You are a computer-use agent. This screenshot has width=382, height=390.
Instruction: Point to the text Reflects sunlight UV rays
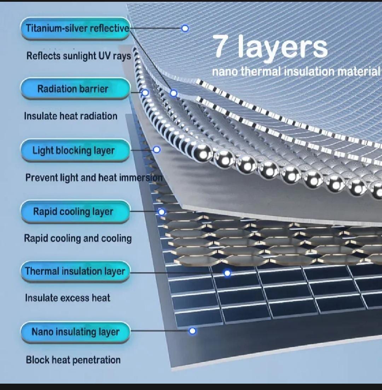point(79,56)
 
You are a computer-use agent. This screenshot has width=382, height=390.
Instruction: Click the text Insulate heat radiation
point(71,116)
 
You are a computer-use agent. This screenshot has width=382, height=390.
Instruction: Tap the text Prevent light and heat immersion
point(94,178)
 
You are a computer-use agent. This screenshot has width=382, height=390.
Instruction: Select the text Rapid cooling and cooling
point(78,238)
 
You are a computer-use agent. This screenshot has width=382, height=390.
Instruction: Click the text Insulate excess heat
point(68,298)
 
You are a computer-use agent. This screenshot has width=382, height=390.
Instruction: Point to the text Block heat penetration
point(73,360)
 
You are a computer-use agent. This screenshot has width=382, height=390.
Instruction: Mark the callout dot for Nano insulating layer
point(192,331)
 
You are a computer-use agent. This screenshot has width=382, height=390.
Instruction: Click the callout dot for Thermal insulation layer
point(227,273)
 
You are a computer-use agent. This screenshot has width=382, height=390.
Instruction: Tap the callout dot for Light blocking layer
point(157,150)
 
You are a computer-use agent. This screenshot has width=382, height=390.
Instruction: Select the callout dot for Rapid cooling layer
point(162,212)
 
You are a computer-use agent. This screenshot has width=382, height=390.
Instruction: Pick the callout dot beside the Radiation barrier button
point(145,93)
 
